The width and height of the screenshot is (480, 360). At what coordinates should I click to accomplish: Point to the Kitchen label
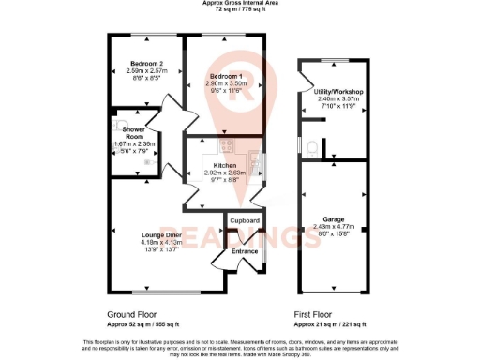point(224,165)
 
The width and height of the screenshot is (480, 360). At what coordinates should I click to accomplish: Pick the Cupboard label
point(245,220)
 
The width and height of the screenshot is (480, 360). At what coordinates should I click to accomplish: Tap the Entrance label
point(245,251)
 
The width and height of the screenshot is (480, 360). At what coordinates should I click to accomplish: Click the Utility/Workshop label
point(338,91)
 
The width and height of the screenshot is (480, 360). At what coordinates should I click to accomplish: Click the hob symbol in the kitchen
point(225,144)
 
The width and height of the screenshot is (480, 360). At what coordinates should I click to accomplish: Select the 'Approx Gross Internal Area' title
point(240,4)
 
